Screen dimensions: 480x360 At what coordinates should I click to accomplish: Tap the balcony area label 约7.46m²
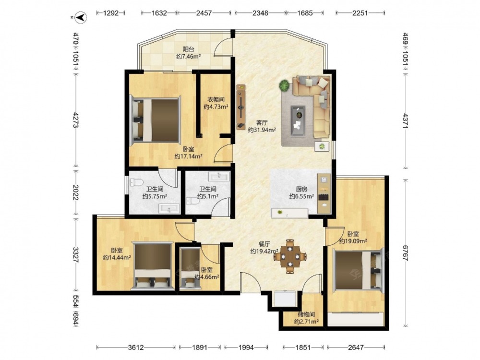[189, 56]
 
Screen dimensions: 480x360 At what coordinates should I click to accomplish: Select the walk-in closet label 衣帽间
[216, 99]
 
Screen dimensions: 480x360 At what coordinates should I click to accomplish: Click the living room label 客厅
[262, 123]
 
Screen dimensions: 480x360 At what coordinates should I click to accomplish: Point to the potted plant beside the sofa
[284, 85]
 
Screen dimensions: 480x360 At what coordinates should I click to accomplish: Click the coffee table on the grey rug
[298, 117]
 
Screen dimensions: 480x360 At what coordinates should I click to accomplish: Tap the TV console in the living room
[241, 107]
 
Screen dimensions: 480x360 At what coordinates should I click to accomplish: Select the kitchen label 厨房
[301, 189]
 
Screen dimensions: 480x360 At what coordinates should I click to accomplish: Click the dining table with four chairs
[289, 256]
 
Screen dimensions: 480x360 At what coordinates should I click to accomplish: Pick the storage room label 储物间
[306, 314]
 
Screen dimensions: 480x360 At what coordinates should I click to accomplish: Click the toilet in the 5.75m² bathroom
[136, 183]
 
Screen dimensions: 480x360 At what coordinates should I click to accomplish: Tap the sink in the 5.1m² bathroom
[219, 177]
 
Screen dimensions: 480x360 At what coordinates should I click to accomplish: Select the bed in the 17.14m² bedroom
[155, 120]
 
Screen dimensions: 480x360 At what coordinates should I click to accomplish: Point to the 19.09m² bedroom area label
[353, 241]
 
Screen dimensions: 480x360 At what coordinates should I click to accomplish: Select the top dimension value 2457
[204, 13]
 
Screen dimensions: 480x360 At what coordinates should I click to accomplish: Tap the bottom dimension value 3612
[136, 348]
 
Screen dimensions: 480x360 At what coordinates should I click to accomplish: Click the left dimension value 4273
[76, 120]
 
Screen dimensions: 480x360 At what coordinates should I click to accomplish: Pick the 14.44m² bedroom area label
[117, 258]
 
